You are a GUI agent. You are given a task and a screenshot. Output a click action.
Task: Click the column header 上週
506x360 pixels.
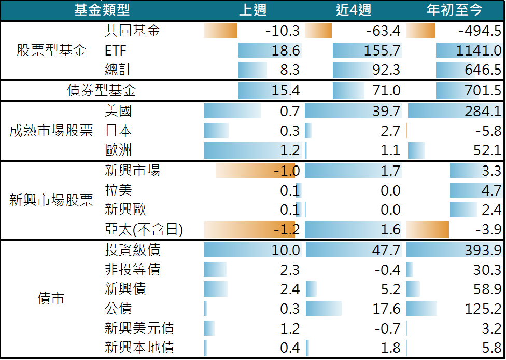(253, 10)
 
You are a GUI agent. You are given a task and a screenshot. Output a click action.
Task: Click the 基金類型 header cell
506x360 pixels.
(102, 10)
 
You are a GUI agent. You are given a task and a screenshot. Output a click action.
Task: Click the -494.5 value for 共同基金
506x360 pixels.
(480, 31)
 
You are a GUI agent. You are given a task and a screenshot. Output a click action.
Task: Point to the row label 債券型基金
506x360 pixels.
(102, 91)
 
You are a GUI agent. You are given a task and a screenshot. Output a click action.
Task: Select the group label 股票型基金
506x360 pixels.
(51, 51)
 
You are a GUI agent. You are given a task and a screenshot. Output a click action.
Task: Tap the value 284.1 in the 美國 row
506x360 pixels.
(484, 111)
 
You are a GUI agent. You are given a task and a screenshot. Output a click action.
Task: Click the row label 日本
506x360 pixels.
(118, 131)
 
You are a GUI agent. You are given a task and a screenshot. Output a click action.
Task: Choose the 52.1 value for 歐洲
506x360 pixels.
(488, 150)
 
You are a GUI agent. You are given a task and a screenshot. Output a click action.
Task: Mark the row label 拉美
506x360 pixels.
(118, 190)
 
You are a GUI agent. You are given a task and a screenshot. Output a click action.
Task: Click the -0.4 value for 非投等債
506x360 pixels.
(388, 270)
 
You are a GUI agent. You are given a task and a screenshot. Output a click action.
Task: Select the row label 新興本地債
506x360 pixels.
(139, 348)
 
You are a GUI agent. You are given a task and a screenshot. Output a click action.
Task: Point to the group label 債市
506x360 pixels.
(51, 299)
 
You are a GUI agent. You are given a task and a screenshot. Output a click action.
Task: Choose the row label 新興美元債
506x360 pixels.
(139, 328)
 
